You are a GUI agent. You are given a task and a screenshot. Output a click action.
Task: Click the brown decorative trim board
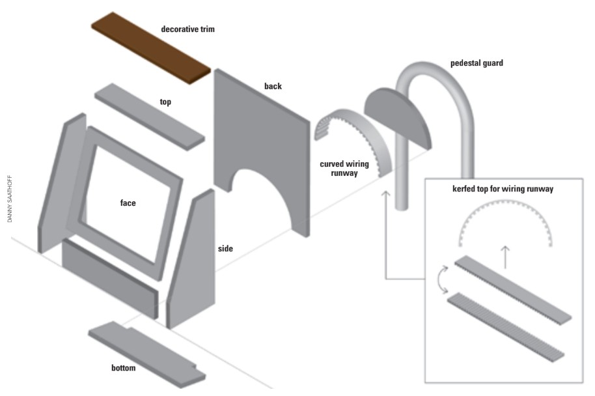point(151,48)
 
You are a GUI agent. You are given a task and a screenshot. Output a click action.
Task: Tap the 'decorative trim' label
point(188,29)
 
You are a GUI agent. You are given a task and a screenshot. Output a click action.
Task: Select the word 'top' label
point(165,102)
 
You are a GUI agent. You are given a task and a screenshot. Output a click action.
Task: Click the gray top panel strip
point(150,117)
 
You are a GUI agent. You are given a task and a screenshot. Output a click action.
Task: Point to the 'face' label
point(128,203)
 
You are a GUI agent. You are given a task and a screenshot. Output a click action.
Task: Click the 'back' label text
point(273,86)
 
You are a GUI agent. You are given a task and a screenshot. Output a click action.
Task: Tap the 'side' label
point(225,249)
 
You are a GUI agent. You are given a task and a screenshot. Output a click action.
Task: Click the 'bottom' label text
point(123,368)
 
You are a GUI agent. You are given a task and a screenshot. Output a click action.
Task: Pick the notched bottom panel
point(147,354)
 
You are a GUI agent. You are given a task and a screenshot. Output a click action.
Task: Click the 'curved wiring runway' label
point(344,169)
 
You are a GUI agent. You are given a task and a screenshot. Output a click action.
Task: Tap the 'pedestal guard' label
point(477,63)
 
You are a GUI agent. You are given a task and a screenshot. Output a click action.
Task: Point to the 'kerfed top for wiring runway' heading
point(503,189)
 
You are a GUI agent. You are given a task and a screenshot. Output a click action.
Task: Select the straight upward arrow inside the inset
point(505,257)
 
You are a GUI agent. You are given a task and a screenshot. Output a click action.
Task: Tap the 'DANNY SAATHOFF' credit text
point(10,199)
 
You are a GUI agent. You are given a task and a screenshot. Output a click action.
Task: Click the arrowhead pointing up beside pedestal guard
point(385,193)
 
